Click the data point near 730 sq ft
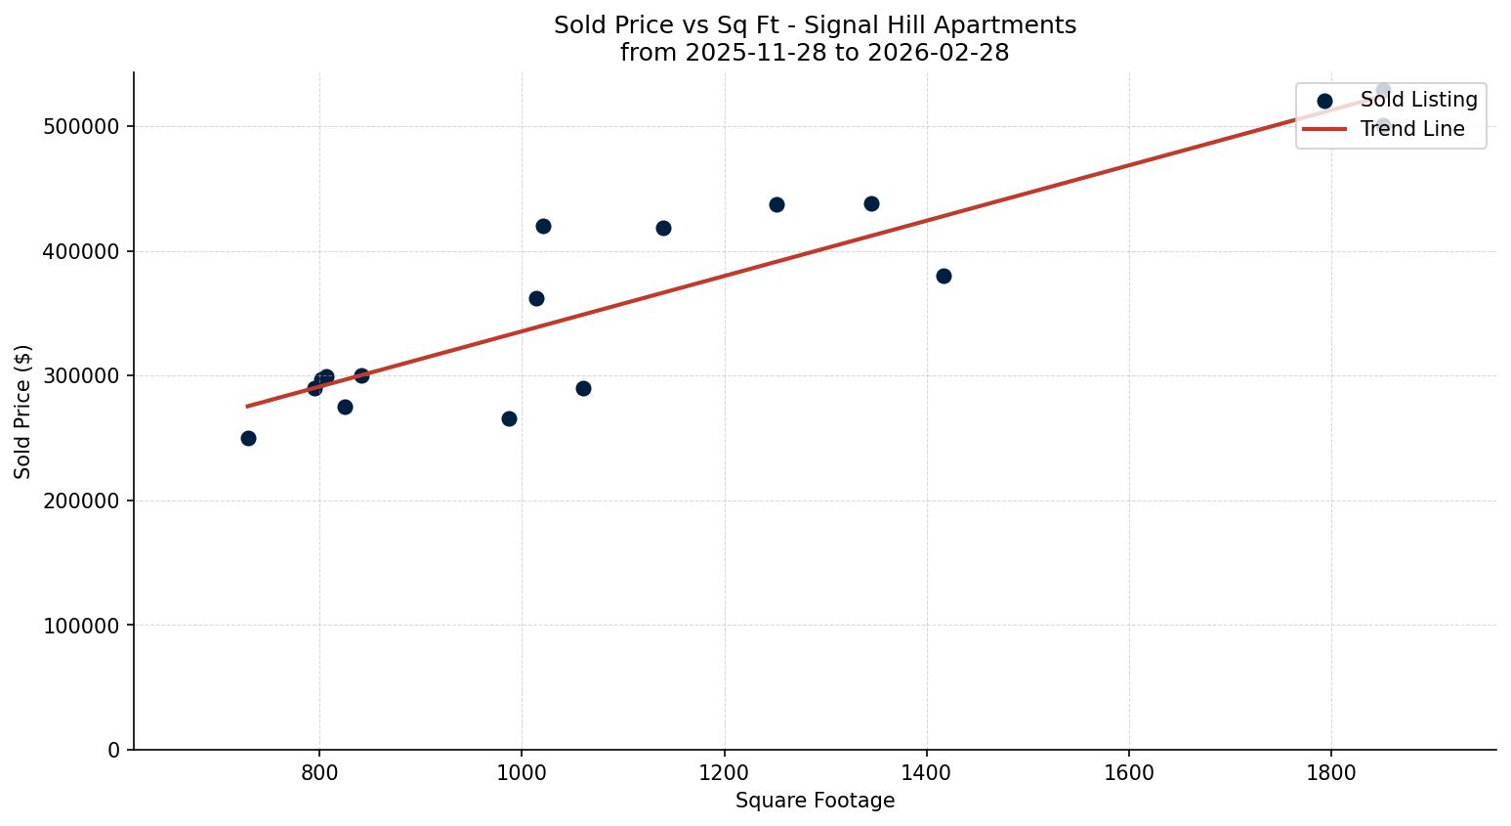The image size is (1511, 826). [x=248, y=438]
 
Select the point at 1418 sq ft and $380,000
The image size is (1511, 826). [x=944, y=276]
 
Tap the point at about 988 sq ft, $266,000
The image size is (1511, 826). [x=509, y=418]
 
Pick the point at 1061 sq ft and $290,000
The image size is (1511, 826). [x=583, y=388]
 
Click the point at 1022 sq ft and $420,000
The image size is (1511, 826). [x=543, y=226]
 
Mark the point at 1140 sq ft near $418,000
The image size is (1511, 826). [x=663, y=228]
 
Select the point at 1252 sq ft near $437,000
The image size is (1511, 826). [x=776, y=204]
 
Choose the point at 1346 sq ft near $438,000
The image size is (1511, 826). [x=871, y=203]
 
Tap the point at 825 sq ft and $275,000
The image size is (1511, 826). [x=345, y=407]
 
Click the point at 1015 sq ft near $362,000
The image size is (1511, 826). [x=536, y=298]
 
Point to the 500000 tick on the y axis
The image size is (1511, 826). [x=82, y=127]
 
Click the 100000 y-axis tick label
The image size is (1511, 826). [x=82, y=626]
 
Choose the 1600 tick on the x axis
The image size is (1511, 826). [x=1129, y=772]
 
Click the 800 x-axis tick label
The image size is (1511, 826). [x=318, y=772]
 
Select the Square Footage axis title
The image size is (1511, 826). [x=815, y=801]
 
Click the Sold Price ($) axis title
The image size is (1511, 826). [x=23, y=412]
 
